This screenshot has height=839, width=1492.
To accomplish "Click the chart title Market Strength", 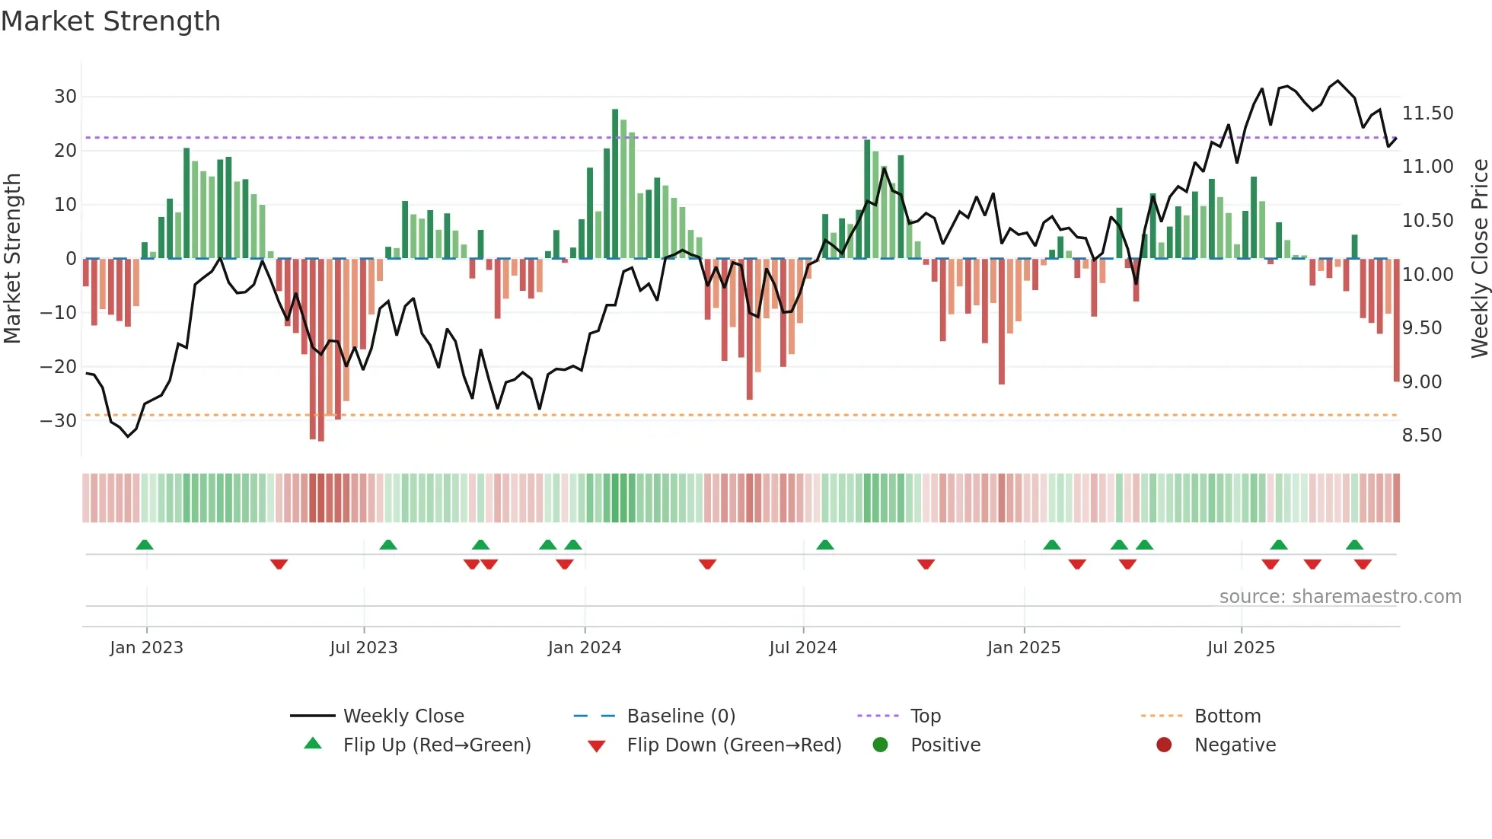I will pyautogui.click(x=110, y=21).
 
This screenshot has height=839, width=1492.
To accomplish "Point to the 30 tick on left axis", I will pyautogui.click(x=65, y=97).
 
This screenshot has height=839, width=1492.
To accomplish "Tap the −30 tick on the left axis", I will pyautogui.click(x=59, y=421).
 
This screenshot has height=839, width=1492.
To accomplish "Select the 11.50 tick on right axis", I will pyautogui.click(x=1427, y=113).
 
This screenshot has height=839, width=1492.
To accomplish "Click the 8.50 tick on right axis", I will pyautogui.click(x=1422, y=435).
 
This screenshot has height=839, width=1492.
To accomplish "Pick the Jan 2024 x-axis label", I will pyautogui.click(x=584, y=648).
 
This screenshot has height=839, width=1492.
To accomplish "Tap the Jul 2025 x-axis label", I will pyautogui.click(x=1240, y=648).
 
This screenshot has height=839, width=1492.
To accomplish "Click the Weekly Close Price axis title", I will pyautogui.click(x=1479, y=259).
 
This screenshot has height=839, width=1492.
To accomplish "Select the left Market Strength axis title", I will pyautogui.click(x=12, y=259).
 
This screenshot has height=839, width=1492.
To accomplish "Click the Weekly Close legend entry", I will pyautogui.click(x=403, y=716).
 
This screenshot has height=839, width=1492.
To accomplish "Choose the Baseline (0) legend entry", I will pyautogui.click(x=681, y=716).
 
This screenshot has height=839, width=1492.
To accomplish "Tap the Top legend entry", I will pyautogui.click(x=925, y=716).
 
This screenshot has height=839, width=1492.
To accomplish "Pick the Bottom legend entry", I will pyautogui.click(x=1227, y=716).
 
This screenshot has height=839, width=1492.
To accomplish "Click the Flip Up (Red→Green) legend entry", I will pyautogui.click(x=436, y=745).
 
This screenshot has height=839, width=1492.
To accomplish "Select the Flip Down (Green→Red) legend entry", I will pyautogui.click(x=733, y=745).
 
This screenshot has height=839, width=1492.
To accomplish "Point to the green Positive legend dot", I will pyautogui.click(x=881, y=745).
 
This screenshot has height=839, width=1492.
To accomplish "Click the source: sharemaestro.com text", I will pyautogui.click(x=1340, y=597).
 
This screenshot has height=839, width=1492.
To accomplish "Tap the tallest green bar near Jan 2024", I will pyautogui.click(x=615, y=183).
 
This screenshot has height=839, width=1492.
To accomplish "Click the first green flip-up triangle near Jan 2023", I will pyautogui.click(x=145, y=544).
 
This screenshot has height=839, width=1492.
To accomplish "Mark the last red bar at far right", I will pyautogui.click(x=1396, y=320).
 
